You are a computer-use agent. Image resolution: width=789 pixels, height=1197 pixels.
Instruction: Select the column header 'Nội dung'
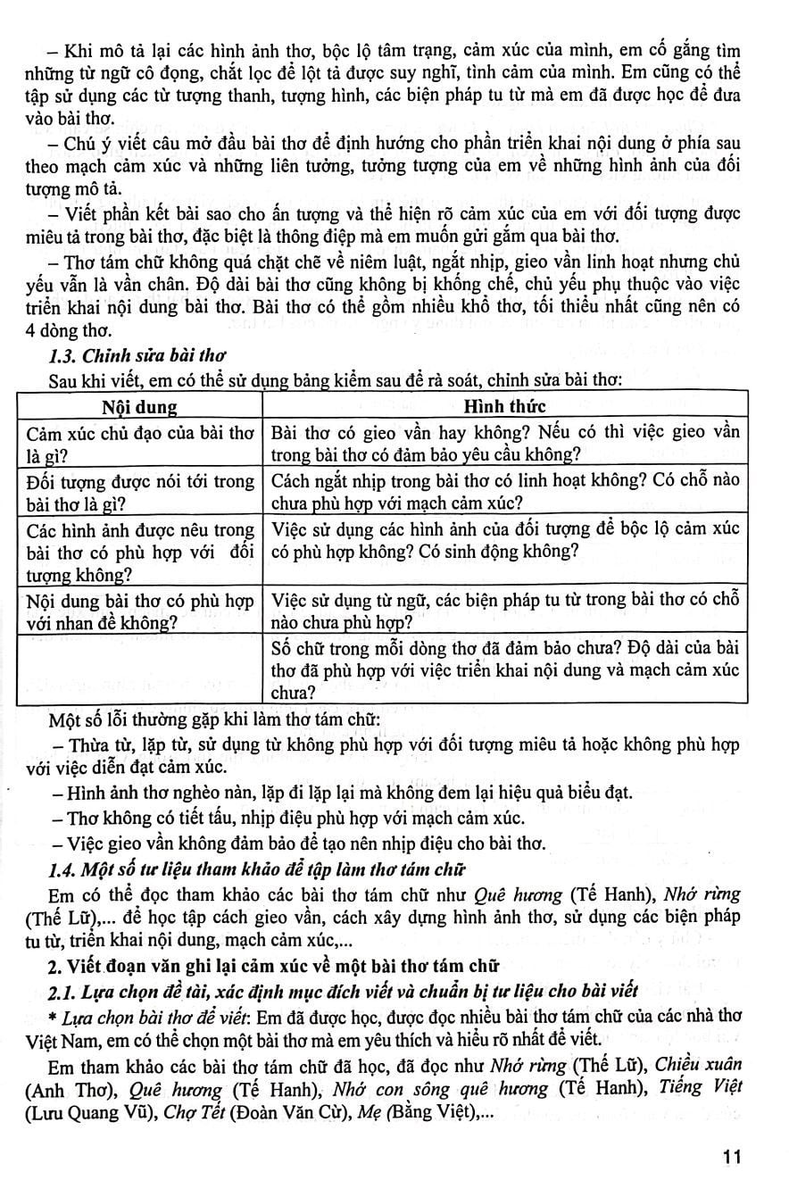pos(139,407)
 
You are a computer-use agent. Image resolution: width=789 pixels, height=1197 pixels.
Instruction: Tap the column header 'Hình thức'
pos(504,407)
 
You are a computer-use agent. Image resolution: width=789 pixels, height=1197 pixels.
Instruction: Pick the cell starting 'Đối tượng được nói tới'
pos(139,492)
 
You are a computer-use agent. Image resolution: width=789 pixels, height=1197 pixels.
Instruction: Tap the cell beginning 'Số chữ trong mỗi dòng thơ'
pos(504,668)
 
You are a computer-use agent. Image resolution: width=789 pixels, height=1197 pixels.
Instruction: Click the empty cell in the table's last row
pos(139,668)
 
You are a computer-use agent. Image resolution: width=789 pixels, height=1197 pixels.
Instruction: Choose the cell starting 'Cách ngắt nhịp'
pos(504,492)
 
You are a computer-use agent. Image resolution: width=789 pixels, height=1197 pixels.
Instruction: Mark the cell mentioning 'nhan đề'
pos(139,610)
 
